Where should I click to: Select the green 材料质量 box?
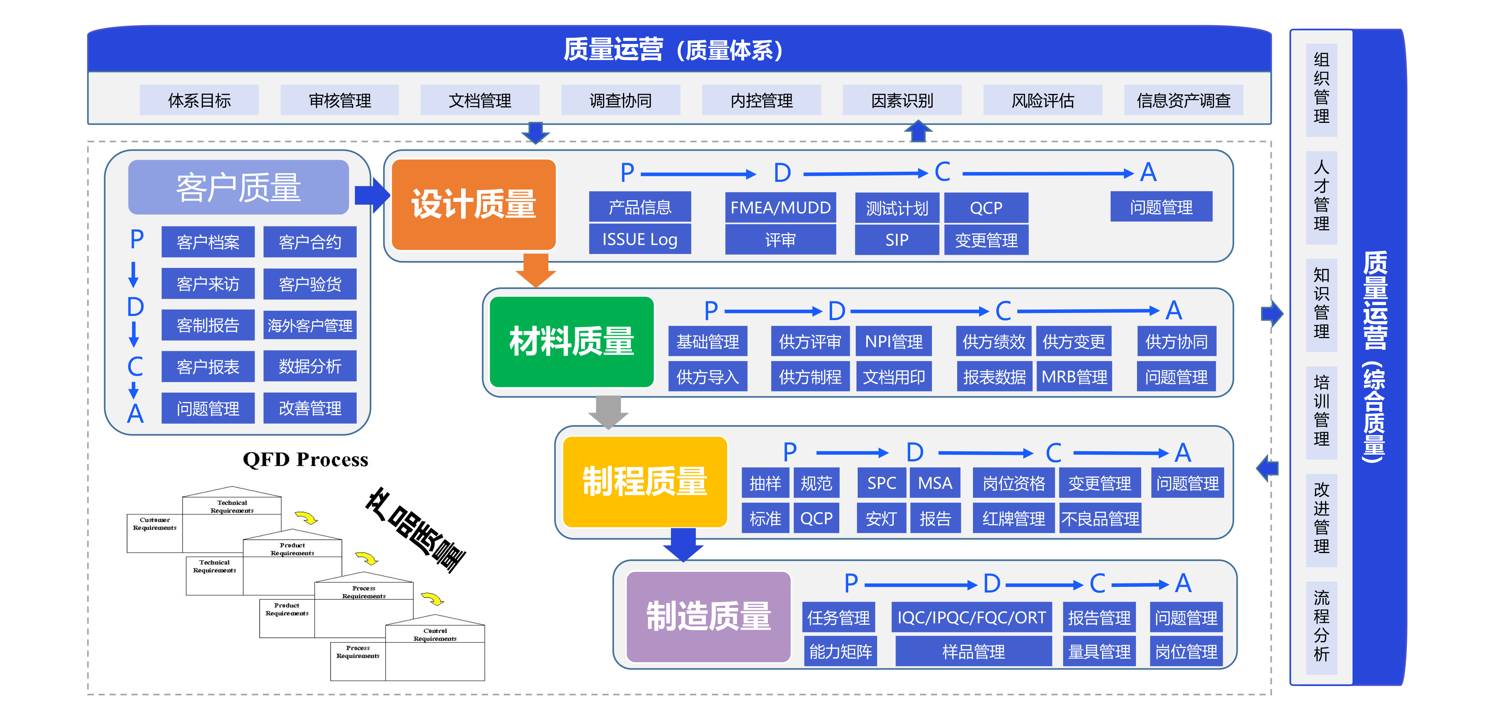tap(572, 342)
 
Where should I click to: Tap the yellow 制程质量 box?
tap(644, 482)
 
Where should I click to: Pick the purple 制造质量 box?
tap(709, 617)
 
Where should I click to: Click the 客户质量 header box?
tap(238, 187)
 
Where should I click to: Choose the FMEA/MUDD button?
tap(780, 208)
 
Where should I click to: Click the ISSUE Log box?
tap(639, 239)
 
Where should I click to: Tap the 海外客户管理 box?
tap(310, 325)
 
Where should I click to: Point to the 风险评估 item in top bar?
tap(1042, 100)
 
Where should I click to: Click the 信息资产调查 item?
tap(1183, 100)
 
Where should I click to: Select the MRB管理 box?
tap(1074, 377)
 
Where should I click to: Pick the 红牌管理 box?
tap(1013, 518)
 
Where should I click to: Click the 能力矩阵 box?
tap(840, 651)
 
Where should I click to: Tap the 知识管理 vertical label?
tap(1321, 303)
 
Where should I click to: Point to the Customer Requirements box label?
tap(154, 524)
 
